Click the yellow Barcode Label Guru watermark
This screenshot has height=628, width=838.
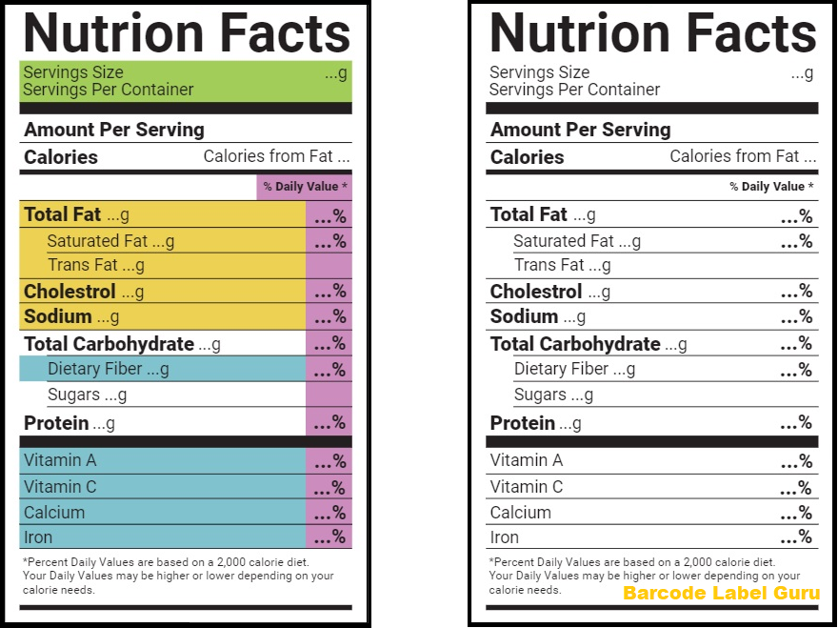coord(721,594)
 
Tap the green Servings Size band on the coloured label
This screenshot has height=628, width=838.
coord(186,81)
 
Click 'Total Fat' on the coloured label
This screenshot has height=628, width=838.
coord(62,214)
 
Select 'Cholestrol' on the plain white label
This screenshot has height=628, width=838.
coord(535,292)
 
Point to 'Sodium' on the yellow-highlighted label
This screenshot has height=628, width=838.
coord(58,316)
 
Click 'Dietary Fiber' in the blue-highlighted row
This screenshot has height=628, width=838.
coord(95,369)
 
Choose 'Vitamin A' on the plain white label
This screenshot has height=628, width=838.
coord(526,460)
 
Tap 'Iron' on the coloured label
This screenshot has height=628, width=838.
coord(38,537)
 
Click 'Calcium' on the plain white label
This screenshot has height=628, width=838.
coord(520,512)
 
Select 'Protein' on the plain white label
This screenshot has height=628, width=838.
coord(522,423)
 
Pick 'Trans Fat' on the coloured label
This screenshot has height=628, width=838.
coord(83,265)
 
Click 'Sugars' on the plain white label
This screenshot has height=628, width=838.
coord(540,395)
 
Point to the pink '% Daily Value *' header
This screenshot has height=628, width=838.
coord(305,187)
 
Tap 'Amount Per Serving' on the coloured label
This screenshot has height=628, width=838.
coord(114,130)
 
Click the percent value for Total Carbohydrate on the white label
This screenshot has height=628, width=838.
coord(796,344)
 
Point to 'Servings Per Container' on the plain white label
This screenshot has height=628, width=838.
coord(574,90)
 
